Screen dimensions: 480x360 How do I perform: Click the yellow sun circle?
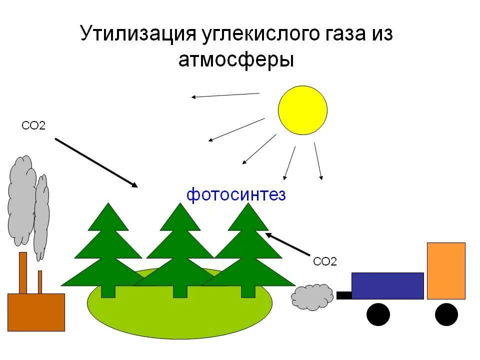pos(302,110)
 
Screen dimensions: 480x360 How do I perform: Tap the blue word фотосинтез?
pos(236,194)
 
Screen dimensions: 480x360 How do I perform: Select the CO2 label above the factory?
pos(33,125)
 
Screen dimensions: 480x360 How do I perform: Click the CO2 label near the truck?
pos(324,261)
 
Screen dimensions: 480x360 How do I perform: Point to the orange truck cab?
pos(446,270)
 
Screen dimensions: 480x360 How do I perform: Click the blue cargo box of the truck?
pos(387,285)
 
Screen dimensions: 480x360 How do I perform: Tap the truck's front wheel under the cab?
pos(446,314)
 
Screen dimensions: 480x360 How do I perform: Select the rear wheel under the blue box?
pos(378,314)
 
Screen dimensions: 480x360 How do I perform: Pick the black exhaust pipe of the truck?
pos(344,295)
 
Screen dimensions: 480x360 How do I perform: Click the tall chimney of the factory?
pos(22,273)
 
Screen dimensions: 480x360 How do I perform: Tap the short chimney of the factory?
pos(40,282)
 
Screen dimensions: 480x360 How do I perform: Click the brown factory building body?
pos(36,312)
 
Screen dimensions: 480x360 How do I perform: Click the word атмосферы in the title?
pos(236,60)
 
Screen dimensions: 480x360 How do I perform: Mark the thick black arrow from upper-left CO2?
pos(95,162)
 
